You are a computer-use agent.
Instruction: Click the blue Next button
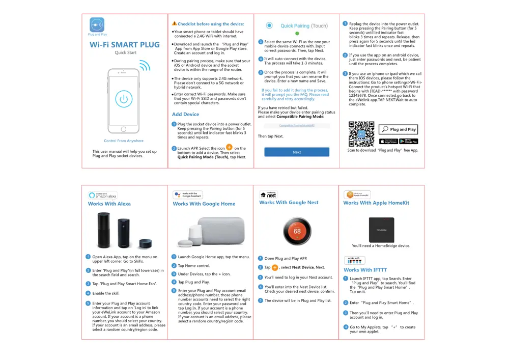[297, 152]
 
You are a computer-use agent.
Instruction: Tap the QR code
[361, 134]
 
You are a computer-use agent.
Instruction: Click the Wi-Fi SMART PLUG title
[125, 45]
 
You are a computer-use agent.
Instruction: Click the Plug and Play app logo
[97, 24]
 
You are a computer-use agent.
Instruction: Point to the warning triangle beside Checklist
[175, 23]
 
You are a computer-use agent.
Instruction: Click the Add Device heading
[185, 115]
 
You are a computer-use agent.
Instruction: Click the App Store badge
[388, 141]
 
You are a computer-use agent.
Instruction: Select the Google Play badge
[408, 141]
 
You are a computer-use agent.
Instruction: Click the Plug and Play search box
[400, 129]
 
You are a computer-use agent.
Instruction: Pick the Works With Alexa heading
[109, 204]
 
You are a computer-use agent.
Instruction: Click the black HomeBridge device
[381, 230]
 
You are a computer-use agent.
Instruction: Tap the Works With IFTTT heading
[365, 270]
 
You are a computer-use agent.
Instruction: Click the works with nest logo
[269, 195]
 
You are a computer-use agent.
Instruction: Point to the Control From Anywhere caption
[124, 141]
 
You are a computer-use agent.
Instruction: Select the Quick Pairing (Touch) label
[304, 25]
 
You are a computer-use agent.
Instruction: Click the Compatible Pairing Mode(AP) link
[297, 125]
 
